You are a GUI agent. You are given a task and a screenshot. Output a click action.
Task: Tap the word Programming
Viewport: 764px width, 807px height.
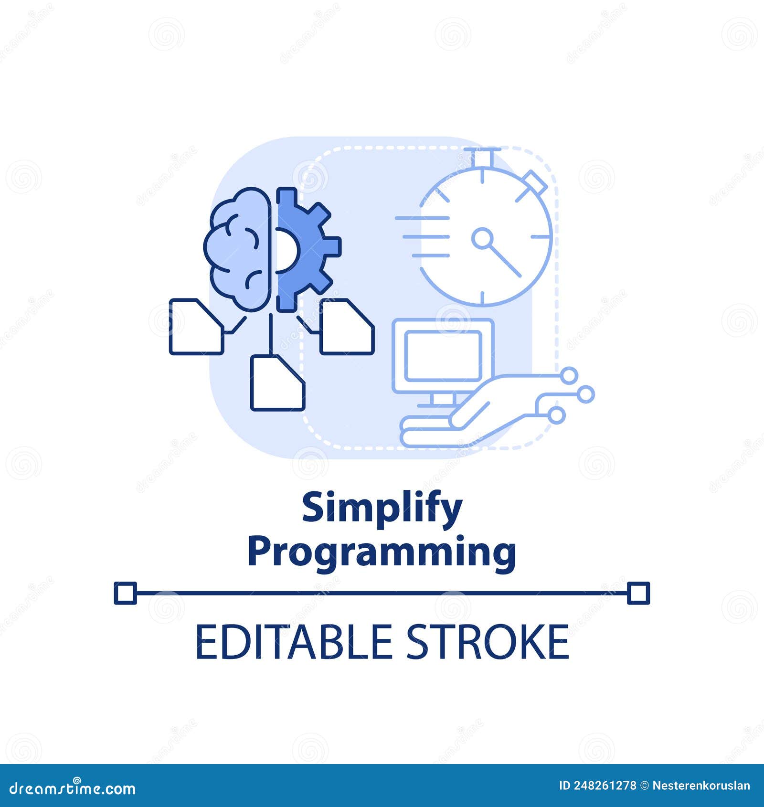coord(382,552)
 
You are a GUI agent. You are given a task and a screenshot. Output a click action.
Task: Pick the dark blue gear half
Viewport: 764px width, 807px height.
coord(306,248)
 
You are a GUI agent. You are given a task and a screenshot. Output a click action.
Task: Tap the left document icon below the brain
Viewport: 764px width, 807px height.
coord(196,327)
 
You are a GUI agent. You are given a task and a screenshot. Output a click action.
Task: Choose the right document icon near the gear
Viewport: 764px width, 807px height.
coord(347,327)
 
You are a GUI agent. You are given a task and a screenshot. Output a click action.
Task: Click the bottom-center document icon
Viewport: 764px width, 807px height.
coord(277,382)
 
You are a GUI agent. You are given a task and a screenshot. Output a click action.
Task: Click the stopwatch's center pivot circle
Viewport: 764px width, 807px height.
coord(482,237)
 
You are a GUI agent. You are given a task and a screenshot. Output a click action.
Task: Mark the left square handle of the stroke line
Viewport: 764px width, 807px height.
coord(125,593)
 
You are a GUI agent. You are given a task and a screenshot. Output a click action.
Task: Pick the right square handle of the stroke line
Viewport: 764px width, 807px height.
coord(638,593)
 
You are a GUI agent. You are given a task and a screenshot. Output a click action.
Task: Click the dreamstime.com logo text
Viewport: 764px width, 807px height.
coord(73,788)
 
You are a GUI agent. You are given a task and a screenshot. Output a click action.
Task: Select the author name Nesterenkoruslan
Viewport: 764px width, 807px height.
coord(701,786)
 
